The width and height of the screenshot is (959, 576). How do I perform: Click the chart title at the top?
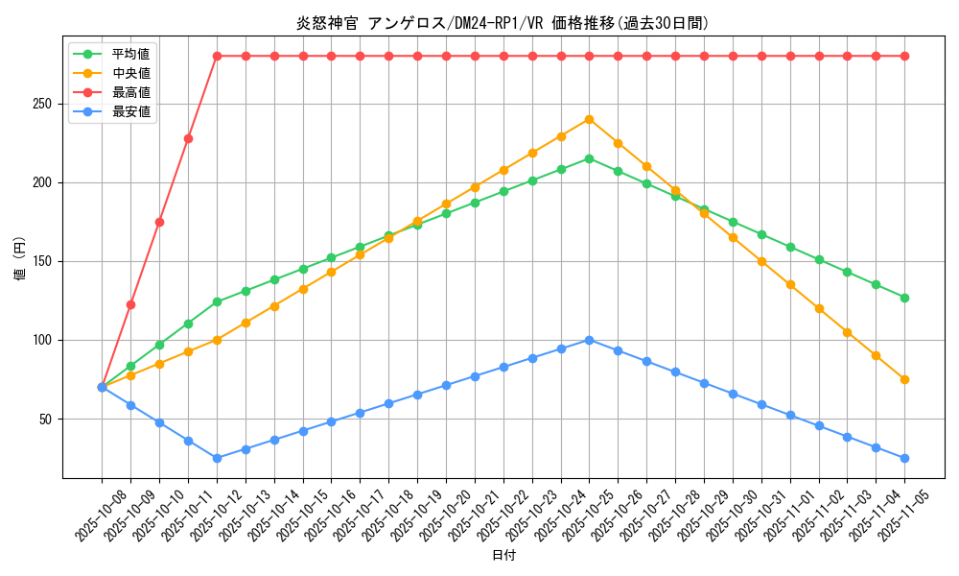pos(503,23)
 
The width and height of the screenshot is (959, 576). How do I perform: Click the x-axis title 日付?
pos(503,556)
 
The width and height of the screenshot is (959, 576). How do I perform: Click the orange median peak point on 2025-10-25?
pos(589,119)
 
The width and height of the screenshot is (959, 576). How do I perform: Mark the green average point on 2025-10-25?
pos(589,158)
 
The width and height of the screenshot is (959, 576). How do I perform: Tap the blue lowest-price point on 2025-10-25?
pos(589,340)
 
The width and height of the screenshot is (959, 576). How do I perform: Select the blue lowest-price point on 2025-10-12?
pos(217,458)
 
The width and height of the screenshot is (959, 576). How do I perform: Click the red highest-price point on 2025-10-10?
pos(159,222)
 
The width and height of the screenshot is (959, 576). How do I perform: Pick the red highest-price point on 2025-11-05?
pos(904,56)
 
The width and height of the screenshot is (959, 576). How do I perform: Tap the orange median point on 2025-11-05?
pos(904,379)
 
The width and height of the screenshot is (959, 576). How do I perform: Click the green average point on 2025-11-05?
pos(904,298)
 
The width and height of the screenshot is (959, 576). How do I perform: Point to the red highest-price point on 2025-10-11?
pos(188,138)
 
